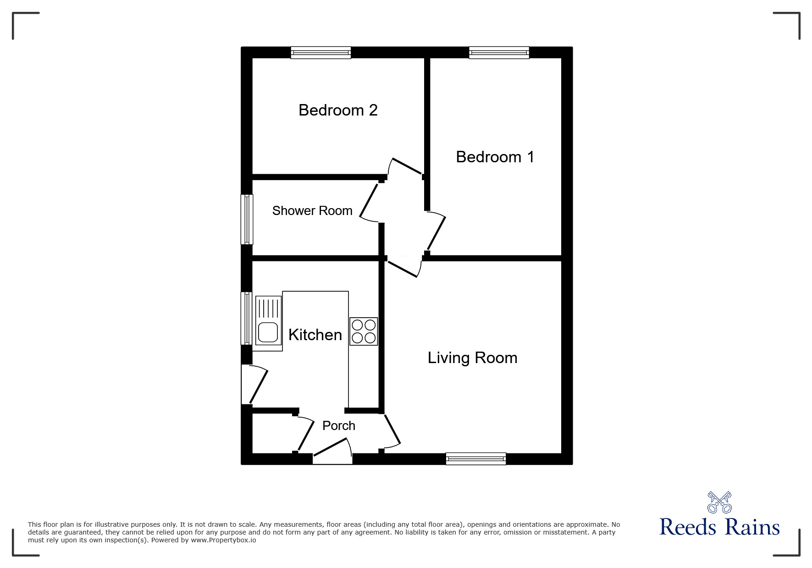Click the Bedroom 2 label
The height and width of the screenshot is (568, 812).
pos(338,110)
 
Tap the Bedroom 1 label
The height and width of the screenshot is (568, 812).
pos(495,157)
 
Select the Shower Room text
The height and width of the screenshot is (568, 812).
pos(312,210)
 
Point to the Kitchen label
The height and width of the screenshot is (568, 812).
pos(315,335)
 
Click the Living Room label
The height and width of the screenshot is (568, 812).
pos(472,358)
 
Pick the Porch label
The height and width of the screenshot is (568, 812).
pos(339,425)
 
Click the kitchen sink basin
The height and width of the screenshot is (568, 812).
pos(268,332)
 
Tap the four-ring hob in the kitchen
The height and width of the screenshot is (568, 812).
pos(364,331)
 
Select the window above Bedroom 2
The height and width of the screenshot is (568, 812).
pos(321,53)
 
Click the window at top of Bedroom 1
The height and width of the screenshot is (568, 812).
pos(499,53)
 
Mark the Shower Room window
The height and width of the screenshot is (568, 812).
pos(247,219)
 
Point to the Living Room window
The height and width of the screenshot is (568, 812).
pos(476,458)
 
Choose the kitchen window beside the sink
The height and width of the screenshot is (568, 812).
pos(247,318)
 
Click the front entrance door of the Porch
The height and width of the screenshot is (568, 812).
pos(332,451)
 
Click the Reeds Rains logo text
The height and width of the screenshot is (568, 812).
pos(719,527)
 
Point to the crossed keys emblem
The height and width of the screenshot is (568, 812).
pos(719,502)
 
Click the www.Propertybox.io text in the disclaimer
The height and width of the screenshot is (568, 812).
pos(224,540)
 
